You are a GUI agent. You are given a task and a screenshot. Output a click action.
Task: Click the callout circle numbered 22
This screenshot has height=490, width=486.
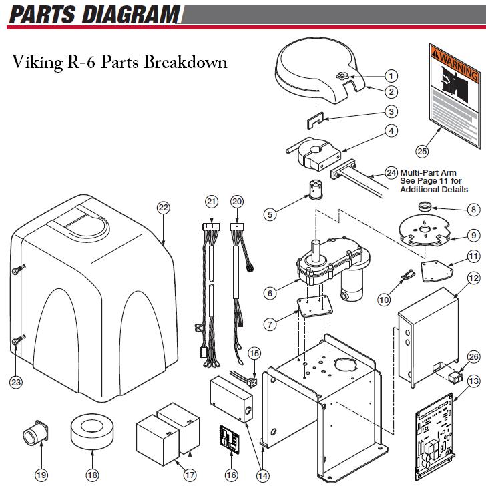164,208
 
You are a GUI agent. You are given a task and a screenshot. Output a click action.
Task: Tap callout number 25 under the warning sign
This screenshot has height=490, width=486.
422,150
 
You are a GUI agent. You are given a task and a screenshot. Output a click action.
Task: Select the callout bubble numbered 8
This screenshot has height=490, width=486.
473,210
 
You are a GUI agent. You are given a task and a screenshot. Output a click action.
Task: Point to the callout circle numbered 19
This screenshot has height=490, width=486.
41,475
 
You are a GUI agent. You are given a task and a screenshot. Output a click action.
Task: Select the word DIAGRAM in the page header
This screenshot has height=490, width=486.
138,13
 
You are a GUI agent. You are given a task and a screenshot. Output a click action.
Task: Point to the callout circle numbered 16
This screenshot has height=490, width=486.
231,475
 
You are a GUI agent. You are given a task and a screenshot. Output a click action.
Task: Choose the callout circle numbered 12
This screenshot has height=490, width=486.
473,278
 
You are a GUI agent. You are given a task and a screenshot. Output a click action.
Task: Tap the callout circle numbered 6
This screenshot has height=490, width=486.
270,293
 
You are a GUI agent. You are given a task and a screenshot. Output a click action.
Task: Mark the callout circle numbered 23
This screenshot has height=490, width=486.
16,382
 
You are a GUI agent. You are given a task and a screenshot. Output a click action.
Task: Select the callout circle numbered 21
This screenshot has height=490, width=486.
212,202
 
